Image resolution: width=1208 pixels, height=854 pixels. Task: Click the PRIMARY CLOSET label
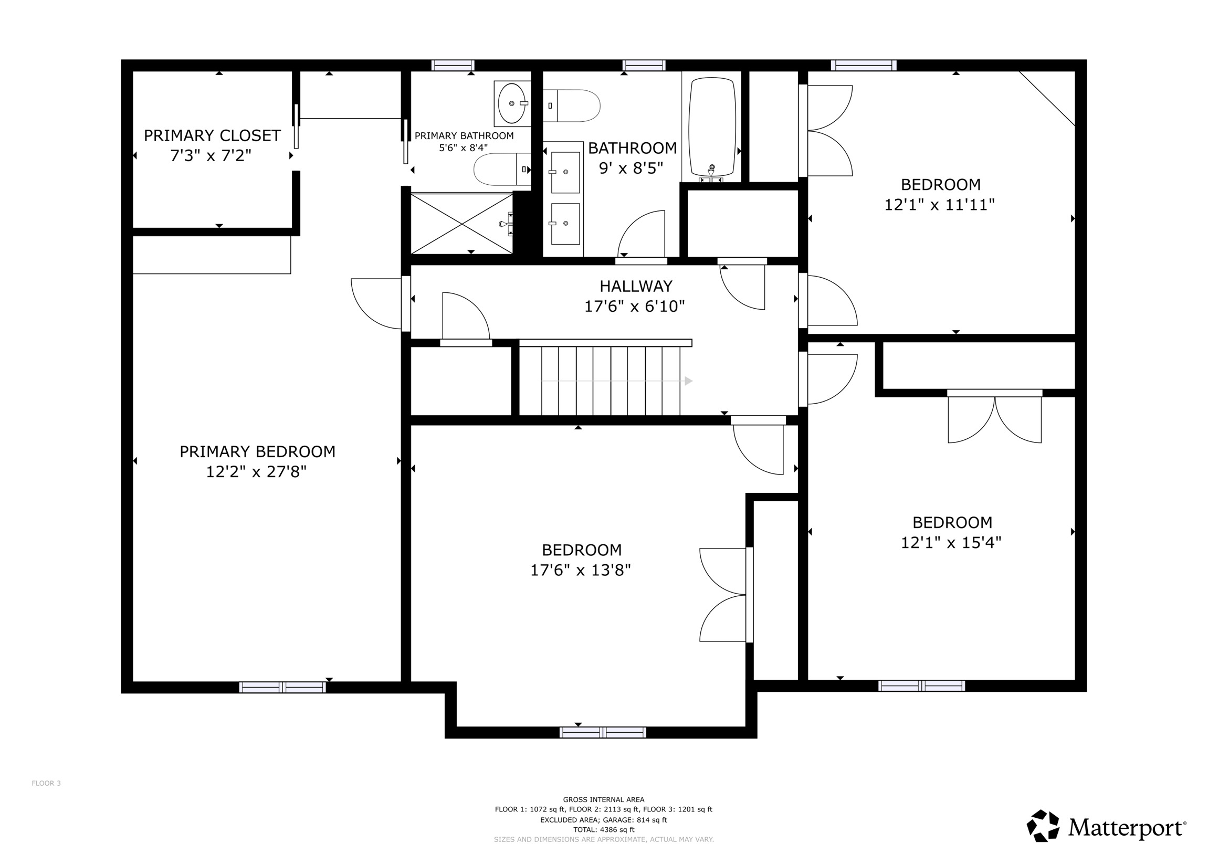[x=212, y=135]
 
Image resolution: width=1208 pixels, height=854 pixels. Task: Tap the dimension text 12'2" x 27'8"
[x=256, y=471]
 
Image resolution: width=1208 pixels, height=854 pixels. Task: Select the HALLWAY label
[x=636, y=286]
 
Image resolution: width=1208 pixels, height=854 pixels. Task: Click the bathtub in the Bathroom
[x=712, y=127]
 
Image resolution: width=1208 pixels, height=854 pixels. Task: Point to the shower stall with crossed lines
[x=461, y=224]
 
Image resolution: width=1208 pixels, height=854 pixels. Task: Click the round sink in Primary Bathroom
[x=511, y=103]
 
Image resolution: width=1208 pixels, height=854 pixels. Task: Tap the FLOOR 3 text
[x=46, y=783]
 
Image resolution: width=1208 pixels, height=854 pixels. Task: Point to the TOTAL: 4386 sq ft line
[x=603, y=830]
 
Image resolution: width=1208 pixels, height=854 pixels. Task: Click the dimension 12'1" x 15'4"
[x=951, y=543]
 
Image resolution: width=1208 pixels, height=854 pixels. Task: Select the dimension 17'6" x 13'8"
[x=580, y=570]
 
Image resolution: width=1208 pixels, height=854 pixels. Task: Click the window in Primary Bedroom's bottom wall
[x=282, y=687]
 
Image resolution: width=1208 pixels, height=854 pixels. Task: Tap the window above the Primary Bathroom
[x=453, y=65]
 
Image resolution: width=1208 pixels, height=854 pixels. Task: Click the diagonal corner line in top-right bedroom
[x=1047, y=98]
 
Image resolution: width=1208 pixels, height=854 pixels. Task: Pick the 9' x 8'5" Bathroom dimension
[x=631, y=168]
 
